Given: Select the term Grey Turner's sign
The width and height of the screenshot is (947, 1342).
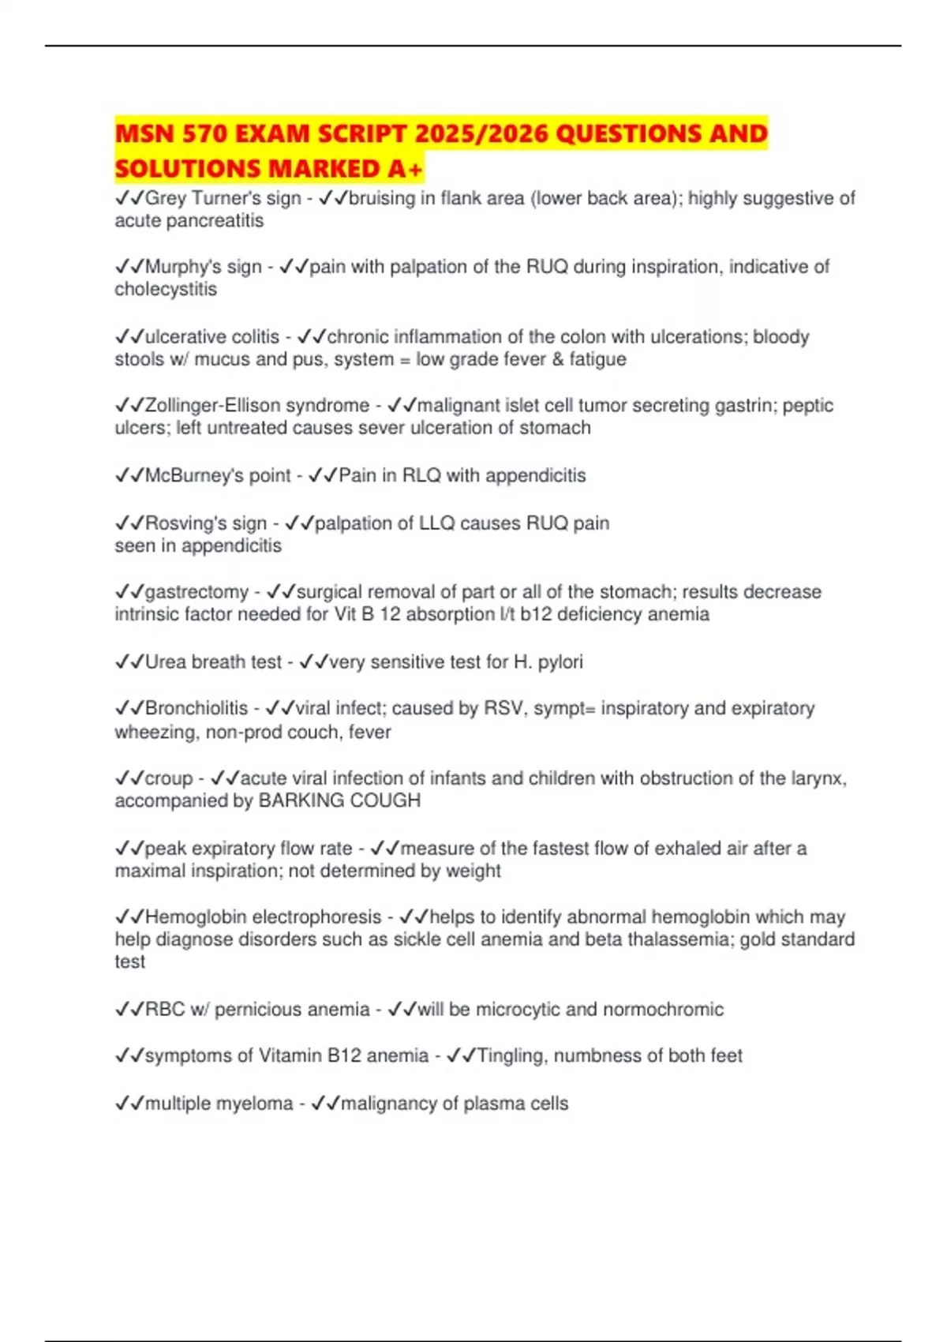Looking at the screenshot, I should click(x=223, y=198).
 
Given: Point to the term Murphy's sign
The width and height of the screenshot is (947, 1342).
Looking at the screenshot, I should click(x=204, y=267).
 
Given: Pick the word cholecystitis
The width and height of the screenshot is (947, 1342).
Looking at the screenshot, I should click(x=166, y=289).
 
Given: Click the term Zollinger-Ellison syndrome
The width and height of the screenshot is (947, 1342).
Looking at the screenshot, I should click(x=257, y=405).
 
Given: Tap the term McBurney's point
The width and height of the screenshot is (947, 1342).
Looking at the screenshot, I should click(x=219, y=475).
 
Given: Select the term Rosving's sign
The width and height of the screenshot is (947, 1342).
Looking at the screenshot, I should click(x=206, y=523).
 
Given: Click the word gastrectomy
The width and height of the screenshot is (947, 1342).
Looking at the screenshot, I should click(x=197, y=591).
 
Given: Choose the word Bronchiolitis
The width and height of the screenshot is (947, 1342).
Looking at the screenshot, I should click(x=197, y=708).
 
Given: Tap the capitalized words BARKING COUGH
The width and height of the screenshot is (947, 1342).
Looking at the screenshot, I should click(x=340, y=800).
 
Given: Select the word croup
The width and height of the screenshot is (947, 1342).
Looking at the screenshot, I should click(x=169, y=778).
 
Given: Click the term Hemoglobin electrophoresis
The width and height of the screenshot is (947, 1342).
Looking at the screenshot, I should click(x=264, y=917).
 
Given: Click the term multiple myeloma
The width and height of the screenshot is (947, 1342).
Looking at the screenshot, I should click(x=219, y=1103).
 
